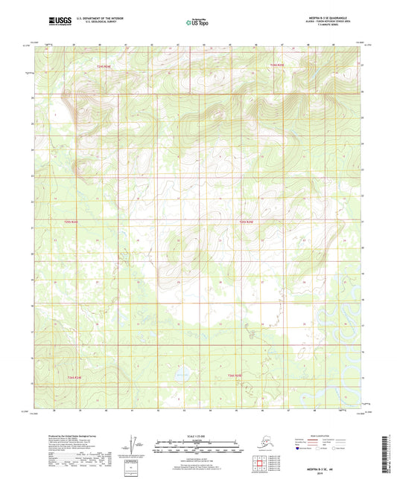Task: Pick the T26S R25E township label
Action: click(235, 376)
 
